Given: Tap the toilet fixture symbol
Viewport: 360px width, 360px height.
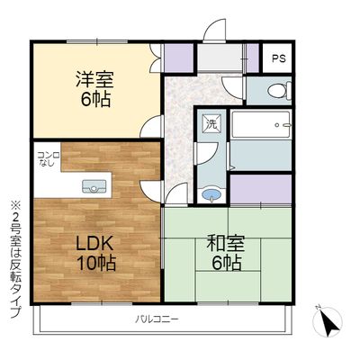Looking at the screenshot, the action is (280, 90).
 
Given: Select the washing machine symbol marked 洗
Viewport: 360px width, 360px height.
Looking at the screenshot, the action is (212, 123).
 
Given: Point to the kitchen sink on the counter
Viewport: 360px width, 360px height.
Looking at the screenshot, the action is (94, 186).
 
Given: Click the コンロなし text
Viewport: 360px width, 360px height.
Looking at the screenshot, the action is (49, 159).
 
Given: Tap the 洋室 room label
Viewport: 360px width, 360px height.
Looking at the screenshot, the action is (94, 79).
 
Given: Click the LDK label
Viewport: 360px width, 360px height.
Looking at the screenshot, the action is (94, 244).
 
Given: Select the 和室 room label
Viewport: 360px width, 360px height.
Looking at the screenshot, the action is (226, 243).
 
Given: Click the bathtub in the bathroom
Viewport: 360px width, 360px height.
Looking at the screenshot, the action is (261, 125).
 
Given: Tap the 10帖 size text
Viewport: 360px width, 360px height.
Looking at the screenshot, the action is (96, 263).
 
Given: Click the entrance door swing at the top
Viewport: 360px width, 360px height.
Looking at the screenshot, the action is (215, 30).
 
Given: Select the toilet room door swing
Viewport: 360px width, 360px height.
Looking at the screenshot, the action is (232, 87).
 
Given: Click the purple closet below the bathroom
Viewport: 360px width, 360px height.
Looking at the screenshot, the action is (261, 189).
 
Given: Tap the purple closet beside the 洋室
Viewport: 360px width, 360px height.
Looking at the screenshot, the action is (178, 58).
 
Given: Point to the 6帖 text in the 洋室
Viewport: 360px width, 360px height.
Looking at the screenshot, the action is (95, 100).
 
